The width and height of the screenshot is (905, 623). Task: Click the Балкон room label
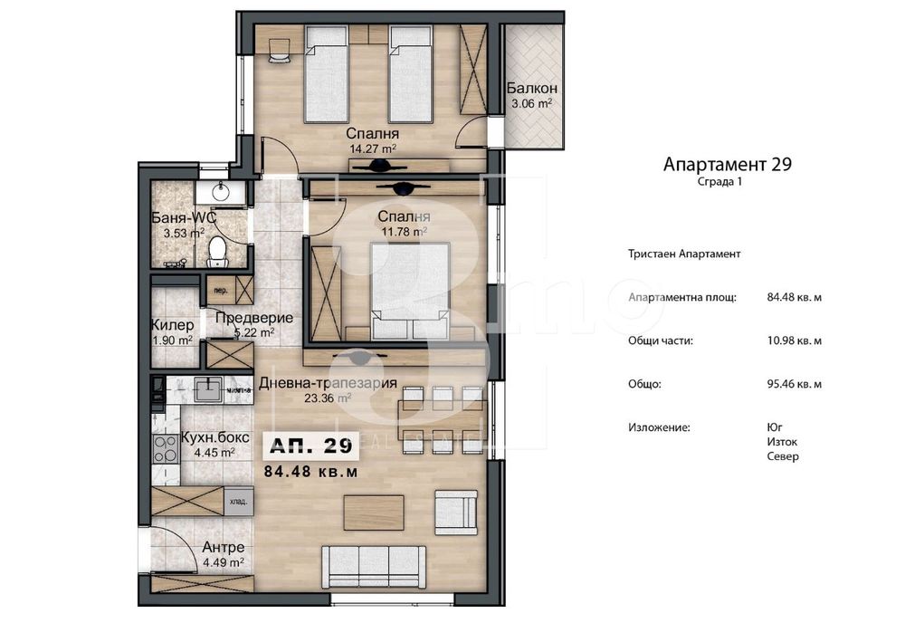click(x=531, y=89)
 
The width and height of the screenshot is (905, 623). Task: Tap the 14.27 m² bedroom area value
click(x=374, y=149)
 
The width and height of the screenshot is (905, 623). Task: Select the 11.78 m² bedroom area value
click(x=402, y=232)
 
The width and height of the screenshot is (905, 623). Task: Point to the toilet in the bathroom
click(x=217, y=251)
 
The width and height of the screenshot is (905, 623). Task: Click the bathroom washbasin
click(x=218, y=192)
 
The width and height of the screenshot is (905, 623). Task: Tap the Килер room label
click(x=172, y=325)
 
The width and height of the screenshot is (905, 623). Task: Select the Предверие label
click(x=253, y=318)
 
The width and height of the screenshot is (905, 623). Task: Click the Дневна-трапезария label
click(x=328, y=382)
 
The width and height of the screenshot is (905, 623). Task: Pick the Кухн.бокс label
click(x=209, y=438)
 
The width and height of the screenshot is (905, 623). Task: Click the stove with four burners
click(x=166, y=446)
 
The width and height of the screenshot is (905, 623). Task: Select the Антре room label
click(x=223, y=548)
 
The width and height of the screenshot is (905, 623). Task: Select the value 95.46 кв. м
click(x=794, y=384)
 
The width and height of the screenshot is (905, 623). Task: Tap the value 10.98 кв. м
click(x=794, y=340)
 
